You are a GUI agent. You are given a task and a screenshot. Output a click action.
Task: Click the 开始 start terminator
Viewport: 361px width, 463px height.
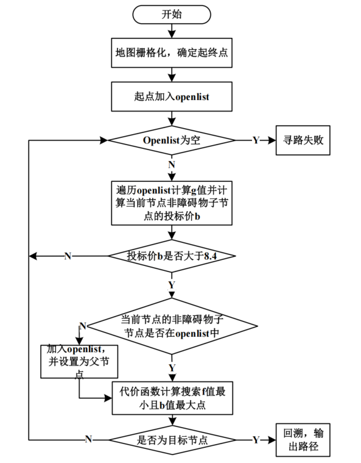[171, 15]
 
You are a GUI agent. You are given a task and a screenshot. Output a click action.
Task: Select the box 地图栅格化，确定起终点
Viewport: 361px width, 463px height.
[171, 54]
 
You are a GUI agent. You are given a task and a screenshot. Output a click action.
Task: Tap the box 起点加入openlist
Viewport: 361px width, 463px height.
[171, 95]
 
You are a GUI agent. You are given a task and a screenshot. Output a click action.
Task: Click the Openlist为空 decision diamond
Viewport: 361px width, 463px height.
[171, 140]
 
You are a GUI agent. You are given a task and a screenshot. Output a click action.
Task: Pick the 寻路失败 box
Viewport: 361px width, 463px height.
[303, 140]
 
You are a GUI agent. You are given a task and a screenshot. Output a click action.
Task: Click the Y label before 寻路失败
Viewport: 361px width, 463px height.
[256, 140]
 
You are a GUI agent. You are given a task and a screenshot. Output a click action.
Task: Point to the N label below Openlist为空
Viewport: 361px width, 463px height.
[171, 164]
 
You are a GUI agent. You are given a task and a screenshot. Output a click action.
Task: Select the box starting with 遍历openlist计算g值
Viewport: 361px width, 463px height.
[171, 202]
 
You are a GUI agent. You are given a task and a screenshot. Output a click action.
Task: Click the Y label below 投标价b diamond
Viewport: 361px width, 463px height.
[171, 284]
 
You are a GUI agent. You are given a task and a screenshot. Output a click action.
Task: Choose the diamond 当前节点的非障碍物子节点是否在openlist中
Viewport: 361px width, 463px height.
[171, 326]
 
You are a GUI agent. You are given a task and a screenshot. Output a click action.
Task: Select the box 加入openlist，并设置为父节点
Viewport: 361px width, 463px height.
[79, 363]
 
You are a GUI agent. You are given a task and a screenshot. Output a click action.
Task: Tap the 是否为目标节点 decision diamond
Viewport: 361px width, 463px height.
[171, 439]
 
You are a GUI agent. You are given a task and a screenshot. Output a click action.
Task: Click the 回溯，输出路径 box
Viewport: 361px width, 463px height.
[303, 439]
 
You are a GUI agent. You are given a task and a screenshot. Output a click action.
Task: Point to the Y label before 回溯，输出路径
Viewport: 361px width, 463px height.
[256, 439]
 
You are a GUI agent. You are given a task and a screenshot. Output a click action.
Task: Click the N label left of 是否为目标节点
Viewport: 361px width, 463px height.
[88, 439]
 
